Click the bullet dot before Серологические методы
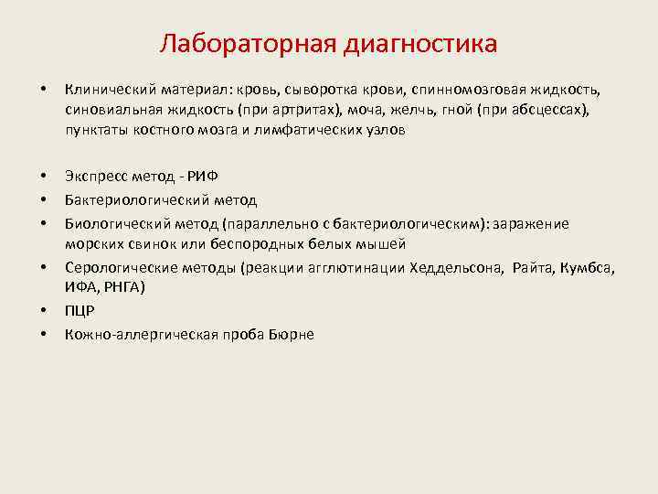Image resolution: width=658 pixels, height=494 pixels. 43,268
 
